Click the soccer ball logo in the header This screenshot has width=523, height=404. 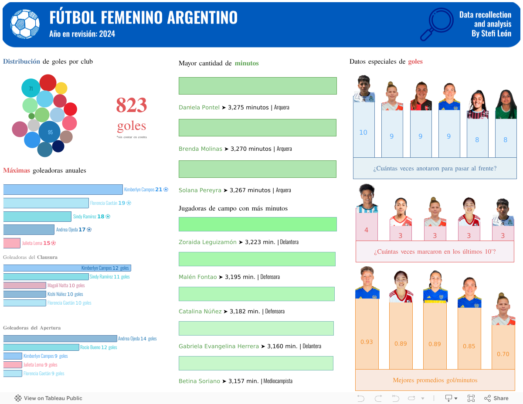coord(25,24)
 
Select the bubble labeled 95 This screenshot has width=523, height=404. coord(50,132)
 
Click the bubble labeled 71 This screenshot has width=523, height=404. coord(31,88)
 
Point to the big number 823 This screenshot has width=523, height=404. coord(131,105)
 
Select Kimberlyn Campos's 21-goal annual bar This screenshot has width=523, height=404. coord(63,190)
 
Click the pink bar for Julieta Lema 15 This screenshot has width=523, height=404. coord(12,243)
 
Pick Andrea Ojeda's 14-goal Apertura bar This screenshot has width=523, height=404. coord(60,339)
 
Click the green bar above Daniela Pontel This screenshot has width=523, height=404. coord(258,86)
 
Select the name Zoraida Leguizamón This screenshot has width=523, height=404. coord(207,242)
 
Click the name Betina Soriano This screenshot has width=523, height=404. coord(199,381)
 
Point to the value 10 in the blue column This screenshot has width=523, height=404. coord(363,132)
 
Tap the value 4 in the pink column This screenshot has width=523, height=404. coord(366,230)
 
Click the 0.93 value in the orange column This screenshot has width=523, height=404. coord(367,342)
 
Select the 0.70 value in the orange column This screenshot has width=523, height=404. coord(503,354)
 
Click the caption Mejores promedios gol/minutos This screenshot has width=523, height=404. coord(435,380)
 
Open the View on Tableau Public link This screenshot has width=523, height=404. coord(48,398)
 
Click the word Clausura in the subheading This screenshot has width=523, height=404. coord(47,257)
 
